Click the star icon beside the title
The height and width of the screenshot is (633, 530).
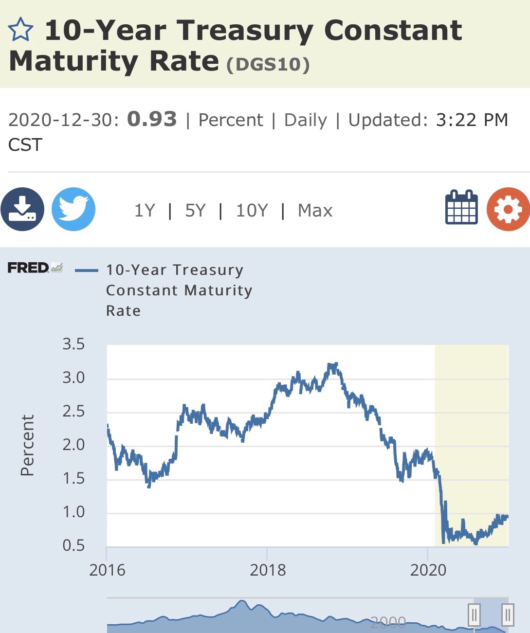[20, 29]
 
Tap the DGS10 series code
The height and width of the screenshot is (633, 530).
[268, 65]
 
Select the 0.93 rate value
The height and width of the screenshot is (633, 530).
[152, 119]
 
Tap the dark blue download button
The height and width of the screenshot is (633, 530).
[22, 209]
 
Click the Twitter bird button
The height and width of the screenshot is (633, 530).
[73, 209]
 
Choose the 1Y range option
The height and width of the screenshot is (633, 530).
[145, 210]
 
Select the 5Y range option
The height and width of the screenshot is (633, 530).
[195, 210]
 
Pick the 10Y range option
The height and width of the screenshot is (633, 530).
[252, 210]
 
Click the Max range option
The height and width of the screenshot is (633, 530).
[315, 210]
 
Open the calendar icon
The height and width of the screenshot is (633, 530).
[461, 207]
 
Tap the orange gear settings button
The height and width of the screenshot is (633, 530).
[509, 209]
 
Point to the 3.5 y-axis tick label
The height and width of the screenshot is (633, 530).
[73, 344]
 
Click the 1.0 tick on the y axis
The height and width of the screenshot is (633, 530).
[73, 512]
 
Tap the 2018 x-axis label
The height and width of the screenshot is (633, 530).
[268, 570]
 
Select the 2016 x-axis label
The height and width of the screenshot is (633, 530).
[107, 570]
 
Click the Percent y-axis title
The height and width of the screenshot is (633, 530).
[27, 445]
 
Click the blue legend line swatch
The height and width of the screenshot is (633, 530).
[87, 271]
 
